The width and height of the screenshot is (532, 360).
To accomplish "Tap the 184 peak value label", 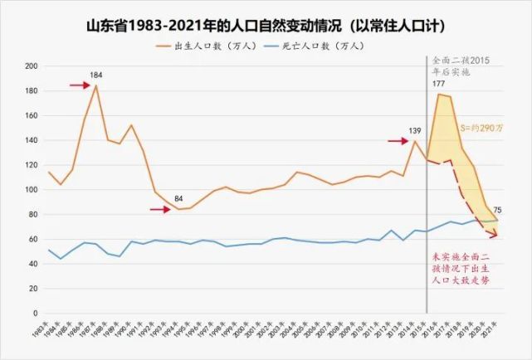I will coord(96,75).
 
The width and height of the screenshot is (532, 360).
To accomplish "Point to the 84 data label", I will coord(179,198).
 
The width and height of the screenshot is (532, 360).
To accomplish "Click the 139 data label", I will coord(415,131).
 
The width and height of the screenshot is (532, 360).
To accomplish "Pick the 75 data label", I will coord(496,210).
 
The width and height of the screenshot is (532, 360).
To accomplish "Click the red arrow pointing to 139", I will coord(397,140).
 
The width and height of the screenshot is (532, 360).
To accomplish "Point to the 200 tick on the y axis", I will coord(31,66).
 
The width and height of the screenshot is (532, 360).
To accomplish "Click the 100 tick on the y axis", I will coord(31,190).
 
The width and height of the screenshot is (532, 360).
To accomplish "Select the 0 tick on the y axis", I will coord(36,314).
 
